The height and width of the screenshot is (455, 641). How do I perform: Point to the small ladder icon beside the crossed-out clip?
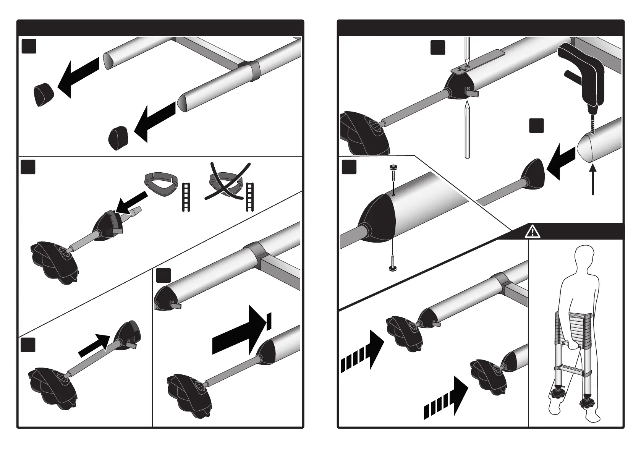(x=250, y=197)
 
